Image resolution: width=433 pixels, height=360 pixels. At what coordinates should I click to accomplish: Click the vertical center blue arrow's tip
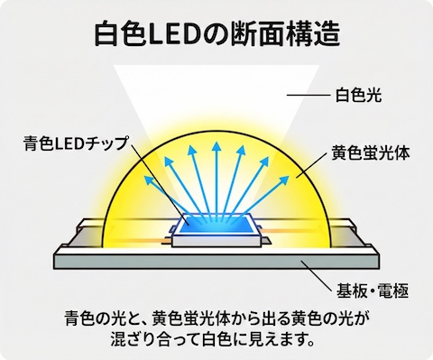point(217,144)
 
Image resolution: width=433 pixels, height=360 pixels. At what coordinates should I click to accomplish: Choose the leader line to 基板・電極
point(320,274)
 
